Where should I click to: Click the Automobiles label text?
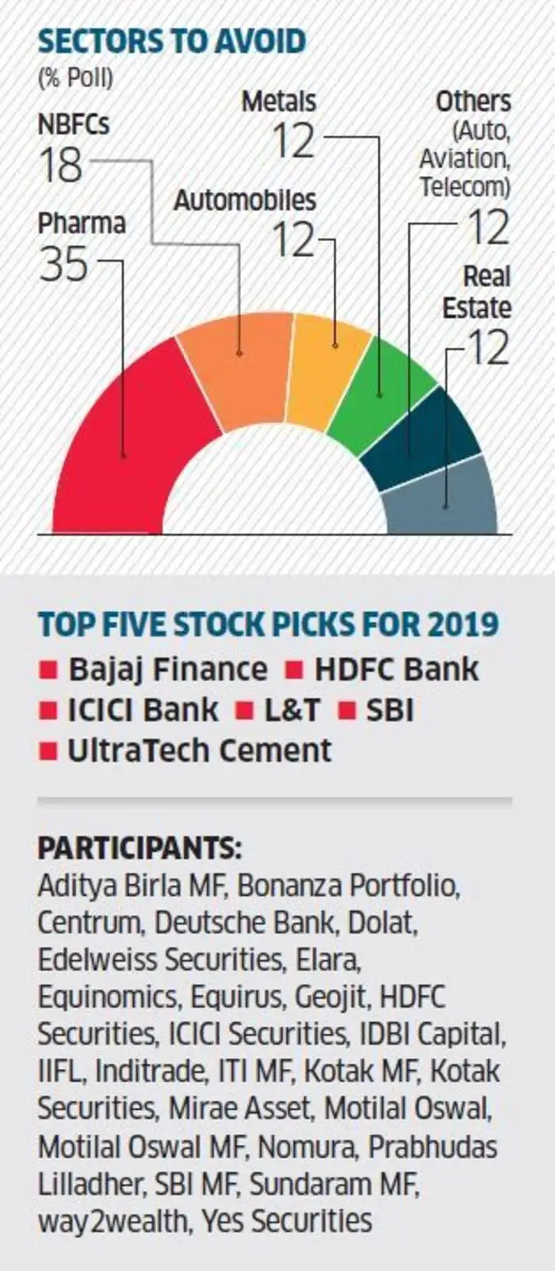pyautogui.click(x=244, y=200)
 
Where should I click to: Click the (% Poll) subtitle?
pyautogui.click(x=75, y=78)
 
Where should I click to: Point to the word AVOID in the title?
pyautogui.click(x=257, y=41)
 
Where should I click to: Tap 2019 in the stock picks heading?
pyautogui.click(x=463, y=624)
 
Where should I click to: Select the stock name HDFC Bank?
pyautogui.click(x=396, y=669)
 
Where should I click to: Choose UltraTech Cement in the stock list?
pyautogui.click(x=198, y=750)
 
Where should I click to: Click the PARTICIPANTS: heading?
pyautogui.click(x=140, y=848)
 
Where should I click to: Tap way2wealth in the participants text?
pyautogui.click(x=111, y=1221)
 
